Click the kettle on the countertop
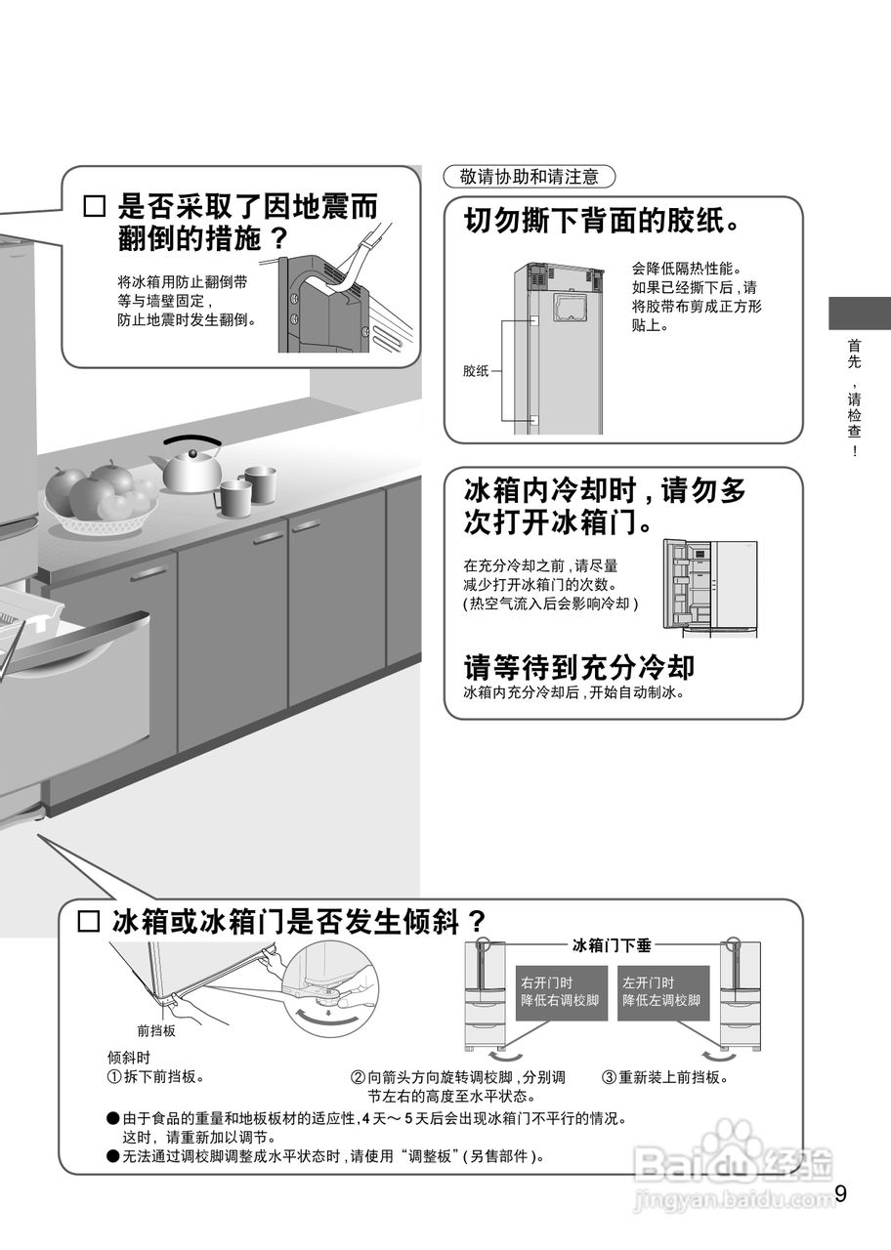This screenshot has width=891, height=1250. pos(191,468)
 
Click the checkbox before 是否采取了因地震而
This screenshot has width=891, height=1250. pos(95,207)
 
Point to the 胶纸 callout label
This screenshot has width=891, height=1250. pos(476,371)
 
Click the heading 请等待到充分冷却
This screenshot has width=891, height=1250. pos(578,667)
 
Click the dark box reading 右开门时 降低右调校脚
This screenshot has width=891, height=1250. pos(561,991)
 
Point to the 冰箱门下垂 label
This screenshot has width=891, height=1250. pos(612,945)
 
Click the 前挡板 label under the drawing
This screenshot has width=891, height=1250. pos(156,1030)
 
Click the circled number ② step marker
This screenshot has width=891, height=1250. pos(358,1078)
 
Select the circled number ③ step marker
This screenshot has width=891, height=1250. pos(608,1078)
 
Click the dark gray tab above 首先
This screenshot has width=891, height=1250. pos(860,312)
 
